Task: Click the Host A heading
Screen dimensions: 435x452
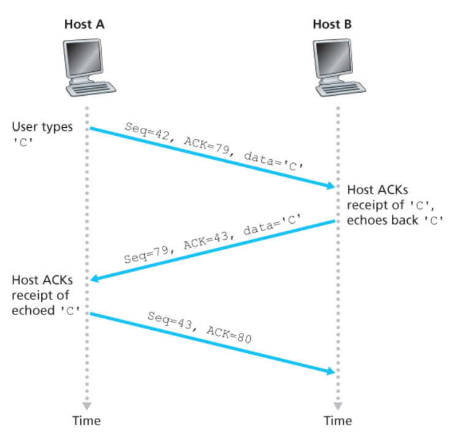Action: (x=85, y=25)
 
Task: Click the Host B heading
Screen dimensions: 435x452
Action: (x=332, y=25)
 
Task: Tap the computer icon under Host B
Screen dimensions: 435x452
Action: (x=337, y=68)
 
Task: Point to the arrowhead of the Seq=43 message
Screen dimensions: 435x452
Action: (x=331, y=372)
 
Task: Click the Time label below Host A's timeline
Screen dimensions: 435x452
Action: (x=86, y=421)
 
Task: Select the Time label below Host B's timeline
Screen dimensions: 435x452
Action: (x=338, y=421)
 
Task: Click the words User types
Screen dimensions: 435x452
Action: (x=42, y=127)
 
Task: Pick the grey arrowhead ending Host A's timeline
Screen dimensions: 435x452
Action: (x=87, y=406)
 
